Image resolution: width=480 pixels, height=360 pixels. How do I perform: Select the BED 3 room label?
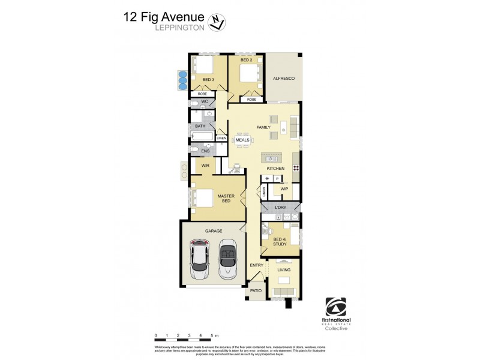pyautogui.click(x=209, y=80)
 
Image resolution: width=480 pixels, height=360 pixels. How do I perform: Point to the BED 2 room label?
pyautogui.click(x=246, y=60)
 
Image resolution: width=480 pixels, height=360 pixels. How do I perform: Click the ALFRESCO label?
pyautogui.click(x=283, y=79)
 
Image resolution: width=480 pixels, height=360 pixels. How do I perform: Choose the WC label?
pyautogui.click(x=205, y=102)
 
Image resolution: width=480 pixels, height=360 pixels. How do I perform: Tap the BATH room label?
pyautogui.click(x=200, y=126)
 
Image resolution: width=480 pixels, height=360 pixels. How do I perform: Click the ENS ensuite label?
pyautogui.click(x=205, y=151)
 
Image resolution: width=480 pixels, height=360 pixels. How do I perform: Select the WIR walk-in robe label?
pyautogui.click(x=205, y=165)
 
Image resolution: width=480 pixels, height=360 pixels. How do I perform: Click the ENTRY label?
pyautogui.click(x=257, y=265)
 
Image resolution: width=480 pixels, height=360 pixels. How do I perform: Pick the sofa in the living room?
pyautogui.click(x=284, y=292)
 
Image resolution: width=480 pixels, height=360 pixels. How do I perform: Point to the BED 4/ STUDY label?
pyautogui.click(x=281, y=242)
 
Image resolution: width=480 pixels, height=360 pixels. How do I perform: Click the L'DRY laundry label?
pyautogui.click(x=280, y=208)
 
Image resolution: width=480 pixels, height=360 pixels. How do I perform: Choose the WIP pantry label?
pyautogui.click(x=285, y=188)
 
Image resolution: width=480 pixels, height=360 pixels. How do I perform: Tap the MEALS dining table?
pyautogui.click(x=242, y=140)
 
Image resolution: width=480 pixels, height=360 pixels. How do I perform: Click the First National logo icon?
pyautogui.click(x=335, y=307)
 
